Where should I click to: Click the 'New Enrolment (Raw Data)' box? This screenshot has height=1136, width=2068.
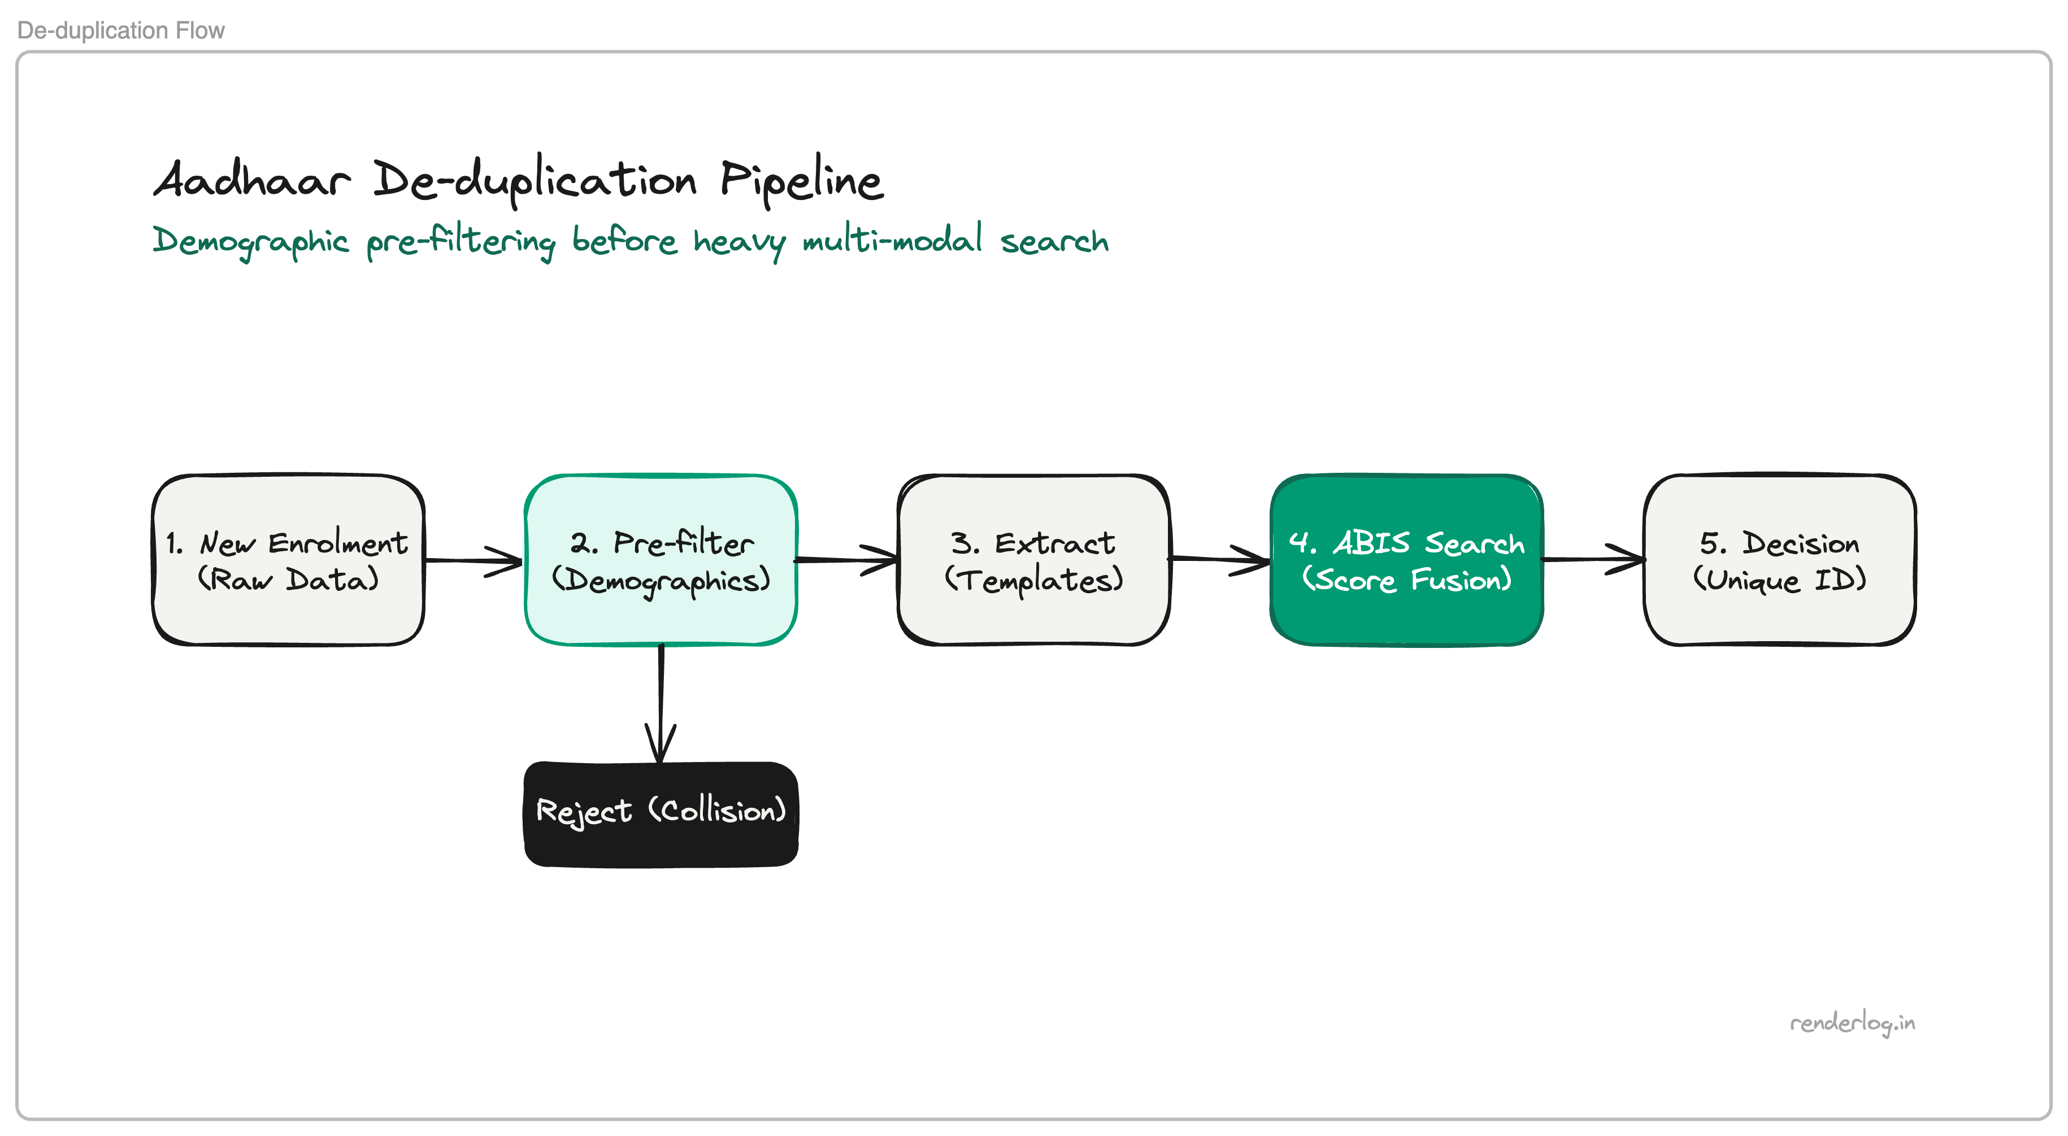(x=288, y=560)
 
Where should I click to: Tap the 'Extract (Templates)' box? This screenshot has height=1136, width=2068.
(x=1033, y=560)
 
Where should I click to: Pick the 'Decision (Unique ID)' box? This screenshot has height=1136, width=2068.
(x=1779, y=560)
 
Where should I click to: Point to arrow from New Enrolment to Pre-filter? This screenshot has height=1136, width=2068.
(x=473, y=560)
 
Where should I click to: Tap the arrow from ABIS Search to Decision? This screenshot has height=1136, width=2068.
(x=1593, y=559)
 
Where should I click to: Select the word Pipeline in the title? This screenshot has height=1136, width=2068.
(x=801, y=181)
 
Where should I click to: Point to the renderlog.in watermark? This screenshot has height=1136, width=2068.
(x=1852, y=1023)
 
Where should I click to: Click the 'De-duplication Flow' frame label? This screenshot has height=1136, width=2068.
(x=120, y=31)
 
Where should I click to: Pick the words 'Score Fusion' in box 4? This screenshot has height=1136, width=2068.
(x=1406, y=580)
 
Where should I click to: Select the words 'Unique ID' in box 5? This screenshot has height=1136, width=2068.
(x=1780, y=580)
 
